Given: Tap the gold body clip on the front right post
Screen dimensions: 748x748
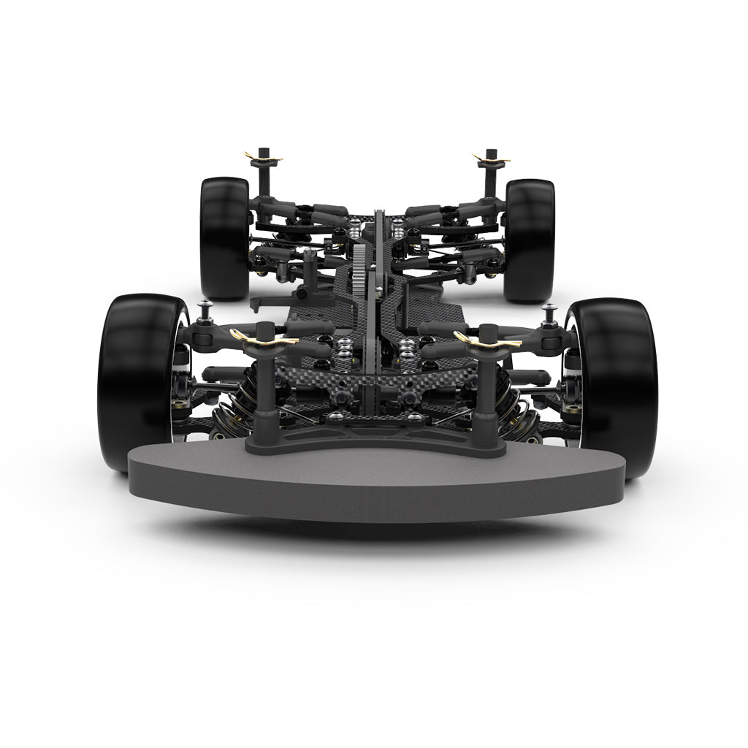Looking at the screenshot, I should coord(484,337).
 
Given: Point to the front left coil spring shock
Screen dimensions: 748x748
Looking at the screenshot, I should coord(252,398).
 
